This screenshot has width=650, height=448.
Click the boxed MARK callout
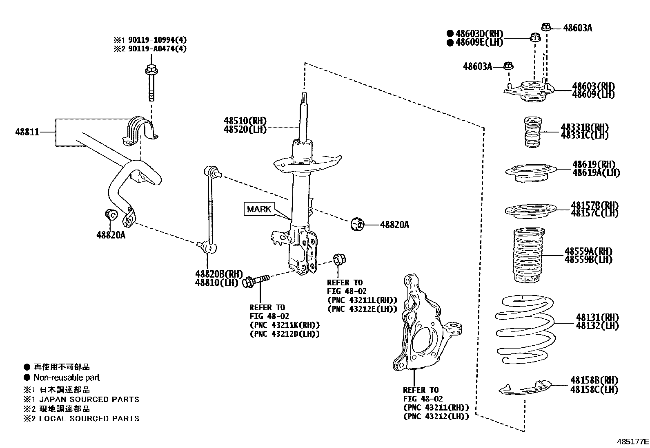click(259, 209)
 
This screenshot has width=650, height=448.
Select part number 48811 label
click(27, 132)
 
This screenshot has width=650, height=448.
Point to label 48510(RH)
click(245, 121)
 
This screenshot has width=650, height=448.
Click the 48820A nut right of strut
click(357, 224)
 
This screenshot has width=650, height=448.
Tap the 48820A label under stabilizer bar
click(111, 235)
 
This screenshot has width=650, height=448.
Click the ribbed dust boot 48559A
click(529, 255)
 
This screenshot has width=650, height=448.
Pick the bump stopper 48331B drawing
click(533, 132)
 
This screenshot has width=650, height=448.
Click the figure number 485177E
click(632, 441)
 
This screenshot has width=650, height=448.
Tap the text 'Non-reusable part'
click(66, 378)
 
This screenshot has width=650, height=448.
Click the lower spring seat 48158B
click(525, 388)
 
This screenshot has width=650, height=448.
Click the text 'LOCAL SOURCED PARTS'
click(89, 419)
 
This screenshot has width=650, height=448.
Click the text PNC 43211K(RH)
click(285, 325)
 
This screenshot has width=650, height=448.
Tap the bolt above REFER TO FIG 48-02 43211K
click(256, 280)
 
